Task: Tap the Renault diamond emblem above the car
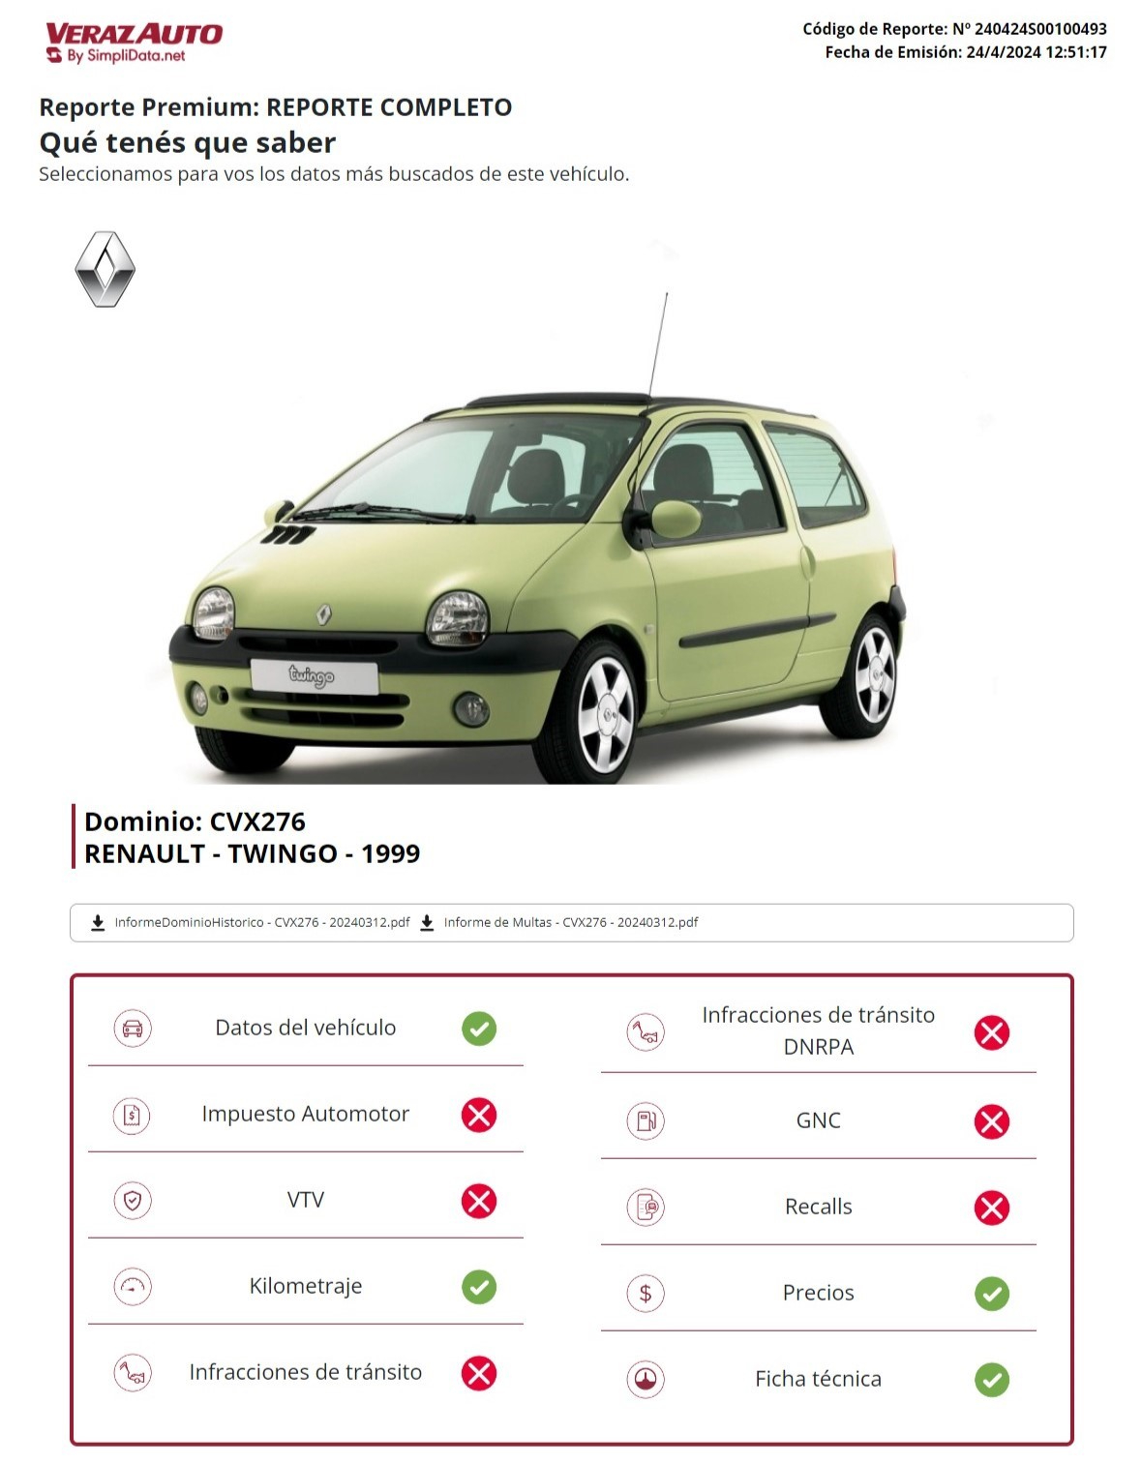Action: pos(105,269)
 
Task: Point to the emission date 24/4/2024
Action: pos(1001,52)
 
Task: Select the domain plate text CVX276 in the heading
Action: pos(257,821)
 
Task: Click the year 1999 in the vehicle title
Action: pos(390,853)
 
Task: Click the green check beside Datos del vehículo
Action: pos(479,1028)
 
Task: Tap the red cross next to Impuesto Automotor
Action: pos(479,1115)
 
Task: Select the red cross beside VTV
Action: pos(479,1201)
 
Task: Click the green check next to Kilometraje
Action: pos(479,1287)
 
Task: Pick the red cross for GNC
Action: pos(991,1121)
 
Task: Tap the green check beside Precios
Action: pos(991,1294)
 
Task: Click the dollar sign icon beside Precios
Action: pos(646,1293)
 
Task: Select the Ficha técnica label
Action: pos(818,1379)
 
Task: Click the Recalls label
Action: pos(818,1207)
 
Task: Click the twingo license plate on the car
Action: pos(314,675)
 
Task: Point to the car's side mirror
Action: pos(674,520)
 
